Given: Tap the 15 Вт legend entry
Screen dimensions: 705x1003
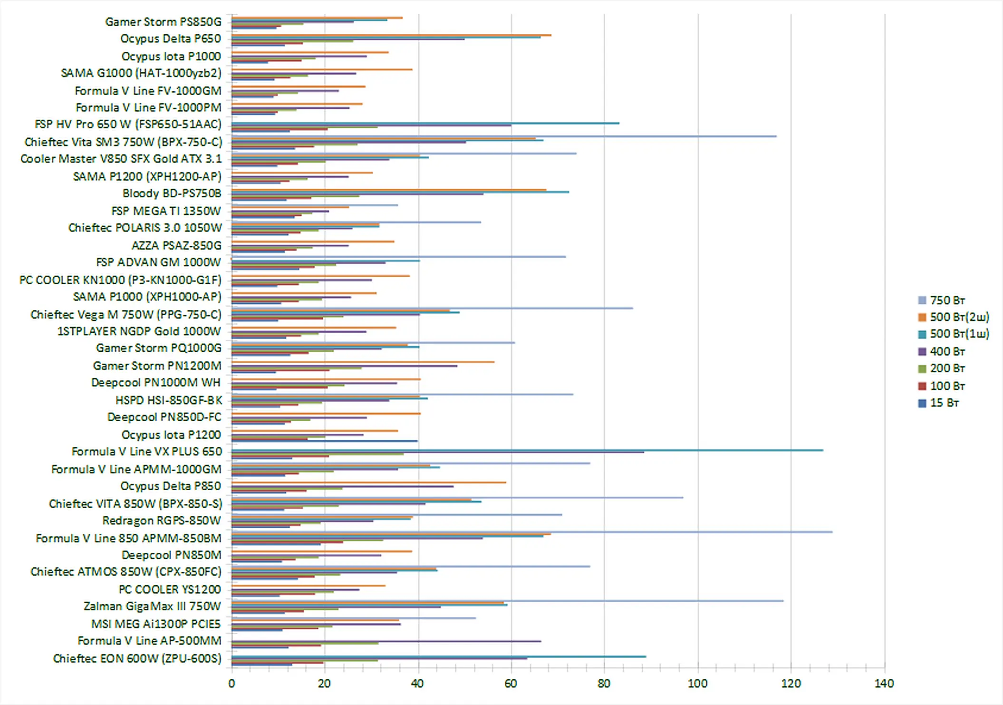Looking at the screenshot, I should pyautogui.click(x=944, y=403).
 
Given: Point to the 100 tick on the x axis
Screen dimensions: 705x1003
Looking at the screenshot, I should pyautogui.click(x=697, y=684).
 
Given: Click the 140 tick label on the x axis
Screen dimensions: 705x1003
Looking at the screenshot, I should pyautogui.click(x=884, y=684).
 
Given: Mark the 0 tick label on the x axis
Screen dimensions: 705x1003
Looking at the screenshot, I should pyautogui.click(x=231, y=684).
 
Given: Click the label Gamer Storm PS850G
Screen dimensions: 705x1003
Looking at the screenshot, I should pyautogui.click(x=163, y=22).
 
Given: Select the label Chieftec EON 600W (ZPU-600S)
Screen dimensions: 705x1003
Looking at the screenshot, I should pyautogui.click(x=137, y=658).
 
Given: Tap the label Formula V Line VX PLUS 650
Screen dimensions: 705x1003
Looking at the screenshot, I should pyautogui.click(x=146, y=452).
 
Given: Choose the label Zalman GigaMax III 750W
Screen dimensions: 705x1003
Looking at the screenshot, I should pyautogui.click(x=152, y=607).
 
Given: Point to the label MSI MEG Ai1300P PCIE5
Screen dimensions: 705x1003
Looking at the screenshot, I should pyautogui.click(x=156, y=624).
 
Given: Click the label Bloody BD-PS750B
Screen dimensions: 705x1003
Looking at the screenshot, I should pyautogui.click(x=172, y=193).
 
